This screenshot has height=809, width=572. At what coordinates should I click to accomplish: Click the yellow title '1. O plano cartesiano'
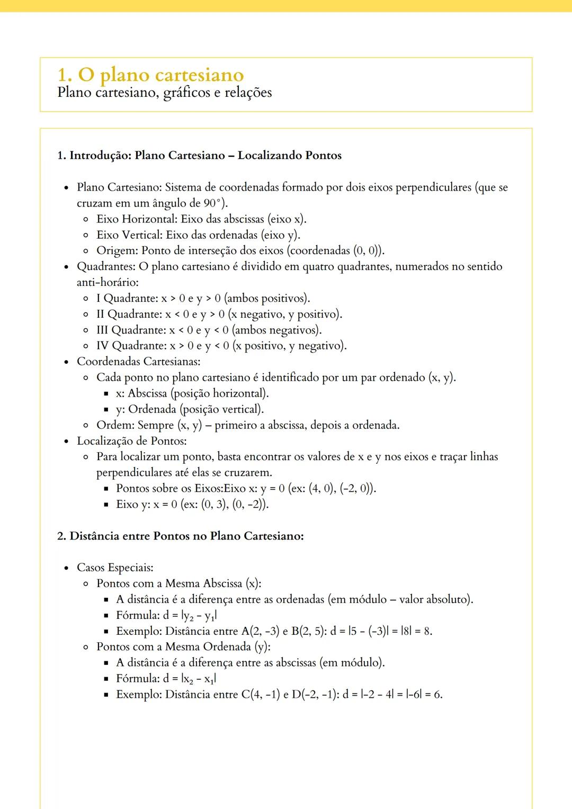150,75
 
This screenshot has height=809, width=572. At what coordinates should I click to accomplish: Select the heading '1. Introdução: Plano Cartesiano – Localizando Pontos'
199,156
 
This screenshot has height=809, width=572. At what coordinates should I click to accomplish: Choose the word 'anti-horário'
108,283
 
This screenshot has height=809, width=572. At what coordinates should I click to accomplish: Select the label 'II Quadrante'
129,314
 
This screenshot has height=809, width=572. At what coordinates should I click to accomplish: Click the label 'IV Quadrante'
130,346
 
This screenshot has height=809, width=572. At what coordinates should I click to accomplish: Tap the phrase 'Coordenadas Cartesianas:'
138,362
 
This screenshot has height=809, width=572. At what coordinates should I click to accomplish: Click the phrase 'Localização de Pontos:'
131,441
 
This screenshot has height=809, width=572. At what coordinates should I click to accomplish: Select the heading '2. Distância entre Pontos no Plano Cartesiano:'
180,536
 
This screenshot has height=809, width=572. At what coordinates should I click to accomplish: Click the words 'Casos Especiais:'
115,568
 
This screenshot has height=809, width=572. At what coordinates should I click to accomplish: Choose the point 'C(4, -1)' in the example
260,695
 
